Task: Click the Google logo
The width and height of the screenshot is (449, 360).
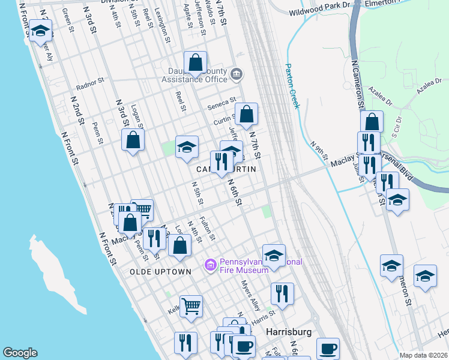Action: (20, 353)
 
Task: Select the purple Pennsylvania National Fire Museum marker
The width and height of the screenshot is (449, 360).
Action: (210, 265)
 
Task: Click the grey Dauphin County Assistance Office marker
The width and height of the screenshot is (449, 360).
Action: (237, 74)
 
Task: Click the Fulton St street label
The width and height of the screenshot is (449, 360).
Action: (208, 228)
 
